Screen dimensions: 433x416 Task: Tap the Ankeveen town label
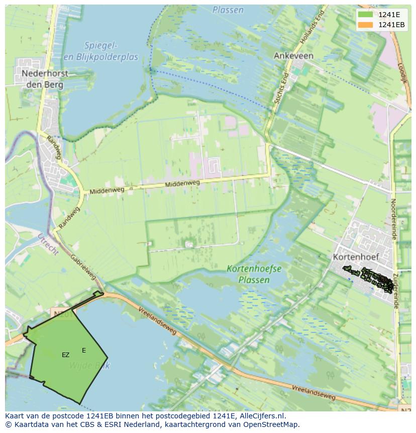pos(293,56)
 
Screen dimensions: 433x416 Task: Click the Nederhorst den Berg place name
pos(45,79)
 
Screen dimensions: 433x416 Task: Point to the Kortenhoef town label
pos(355,256)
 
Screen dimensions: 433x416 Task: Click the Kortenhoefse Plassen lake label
pos(254,274)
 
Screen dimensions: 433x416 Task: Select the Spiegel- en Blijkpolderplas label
pos(100,51)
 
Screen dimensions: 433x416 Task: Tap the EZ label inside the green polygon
pos(66,355)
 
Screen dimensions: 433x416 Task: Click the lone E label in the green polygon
pos(84,351)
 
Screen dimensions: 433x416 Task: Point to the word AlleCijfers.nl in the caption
pos(261,416)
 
